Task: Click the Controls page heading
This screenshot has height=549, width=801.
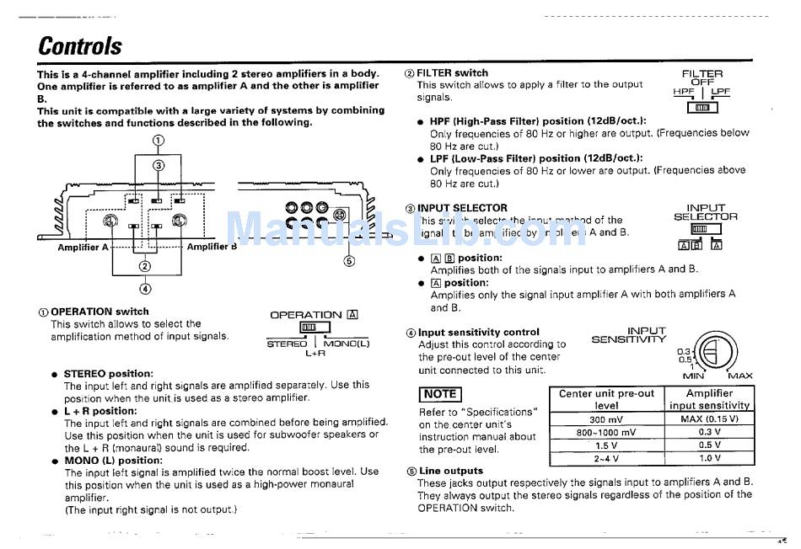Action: [x=80, y=45]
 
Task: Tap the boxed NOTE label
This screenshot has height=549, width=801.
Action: [x=440, y=394]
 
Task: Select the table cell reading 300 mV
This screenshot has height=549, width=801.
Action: [x=606, y=419]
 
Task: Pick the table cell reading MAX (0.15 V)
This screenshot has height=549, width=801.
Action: [x=709, y=419]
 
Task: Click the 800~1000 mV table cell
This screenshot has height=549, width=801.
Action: [x=606, y=433]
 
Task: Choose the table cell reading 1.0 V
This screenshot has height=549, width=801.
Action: [x=709, y=459]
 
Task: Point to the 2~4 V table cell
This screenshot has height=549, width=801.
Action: [x=606, y=459]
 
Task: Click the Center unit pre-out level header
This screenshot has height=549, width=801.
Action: [x=606, y=399]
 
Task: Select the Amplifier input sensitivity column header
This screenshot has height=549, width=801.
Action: [x=709, y=399]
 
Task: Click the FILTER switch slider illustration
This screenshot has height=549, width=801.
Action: [x=702, y=107]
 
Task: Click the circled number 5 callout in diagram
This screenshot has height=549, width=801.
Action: [x=350, y=260]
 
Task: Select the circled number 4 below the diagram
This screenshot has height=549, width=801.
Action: [x=146, y=289]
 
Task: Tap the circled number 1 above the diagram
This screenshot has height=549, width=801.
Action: [x=158, y=141]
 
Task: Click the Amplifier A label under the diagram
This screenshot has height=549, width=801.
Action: [x=83, y=248]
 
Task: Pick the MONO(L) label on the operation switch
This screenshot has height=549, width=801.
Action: [x=346, y=344]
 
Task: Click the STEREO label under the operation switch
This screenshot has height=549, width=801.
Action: [x=287, y=344]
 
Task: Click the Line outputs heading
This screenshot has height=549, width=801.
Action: [x=451, y=471]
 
